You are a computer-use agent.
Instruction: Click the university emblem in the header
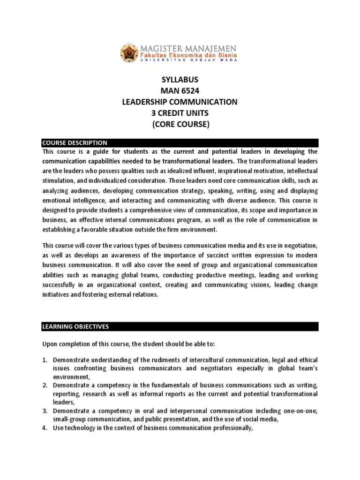(x=129, y=53)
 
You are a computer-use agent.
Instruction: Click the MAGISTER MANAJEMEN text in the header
(x=187, y=48)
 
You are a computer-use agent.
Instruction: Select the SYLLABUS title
(x=180, y=80)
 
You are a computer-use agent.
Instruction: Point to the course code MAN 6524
(x=180, y=91)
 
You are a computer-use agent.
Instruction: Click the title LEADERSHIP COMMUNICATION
(x=180, y=102)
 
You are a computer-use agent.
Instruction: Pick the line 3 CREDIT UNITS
(x=180, y=113)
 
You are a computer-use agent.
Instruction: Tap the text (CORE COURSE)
(x=180, y=125)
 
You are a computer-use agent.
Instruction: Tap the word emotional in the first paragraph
(x=55, y=201)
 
